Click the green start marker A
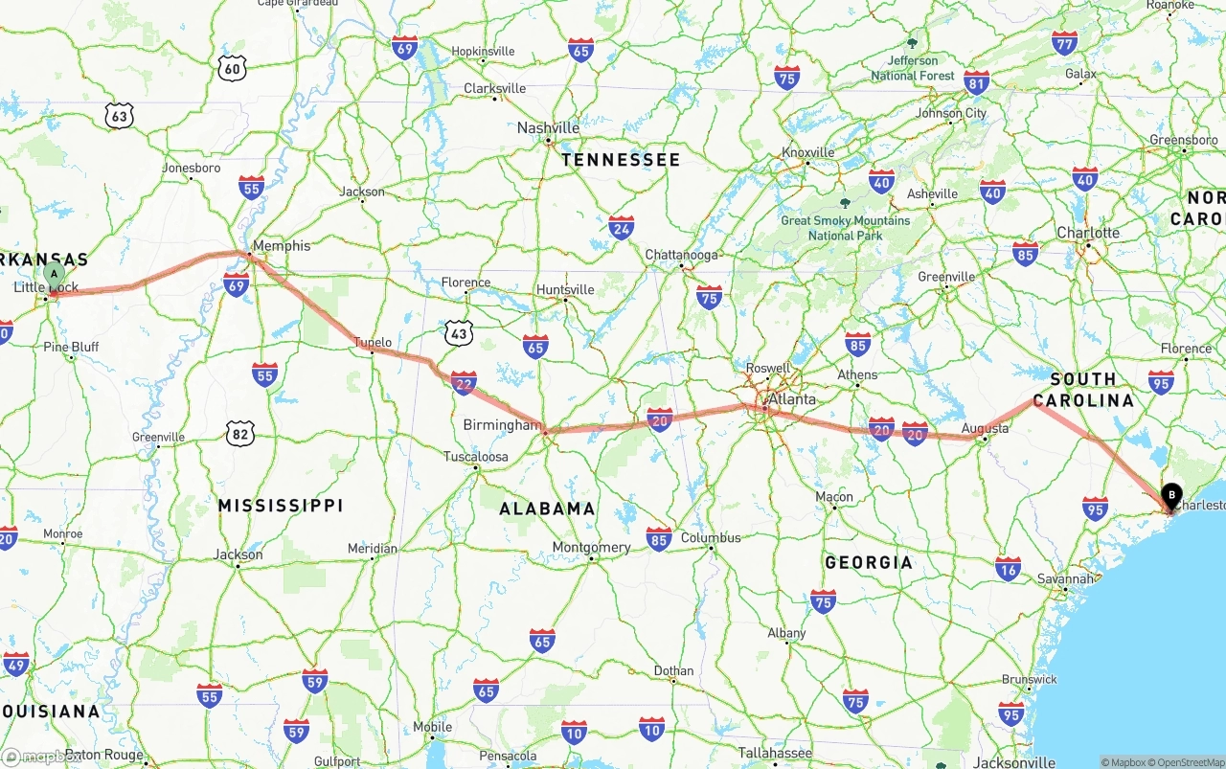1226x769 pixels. tap(55, 276)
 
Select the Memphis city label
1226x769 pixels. tap(282, 246)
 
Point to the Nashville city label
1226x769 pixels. tap(548, 128)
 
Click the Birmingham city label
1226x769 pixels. tap(502, 425)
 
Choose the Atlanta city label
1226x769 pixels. tap(792, 399)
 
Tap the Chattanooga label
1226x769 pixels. tap(681, 255)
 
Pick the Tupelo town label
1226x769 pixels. tap(373, 342)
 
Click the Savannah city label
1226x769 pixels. tap(1065, 578)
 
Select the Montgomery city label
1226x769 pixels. tap(591, 548)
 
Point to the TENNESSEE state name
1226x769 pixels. tap(621, 160)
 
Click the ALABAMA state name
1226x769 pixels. tap(547, 509)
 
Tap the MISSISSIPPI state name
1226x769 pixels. tap(280, 505)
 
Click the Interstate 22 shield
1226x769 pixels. tap(464, 383)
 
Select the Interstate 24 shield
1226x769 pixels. tap(621, 227)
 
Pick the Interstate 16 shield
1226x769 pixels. tap(1007, 569)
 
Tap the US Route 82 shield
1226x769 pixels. tap(241, 434)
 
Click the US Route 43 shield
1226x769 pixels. tap(459, 332)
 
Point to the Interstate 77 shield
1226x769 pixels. tap(1064, 43)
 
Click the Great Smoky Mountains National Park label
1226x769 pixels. tap(845, 227)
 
